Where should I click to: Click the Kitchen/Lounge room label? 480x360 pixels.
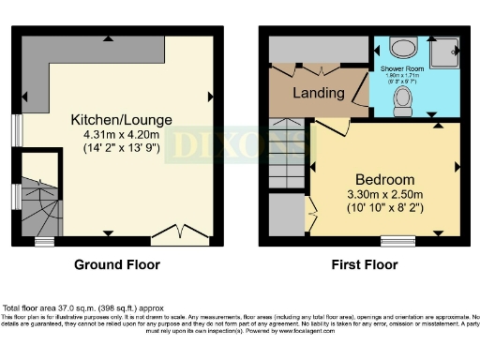117,119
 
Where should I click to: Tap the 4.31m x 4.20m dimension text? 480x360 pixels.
117,134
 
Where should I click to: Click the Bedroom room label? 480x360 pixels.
384,180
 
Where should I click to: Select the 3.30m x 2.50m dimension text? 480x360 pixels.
384,195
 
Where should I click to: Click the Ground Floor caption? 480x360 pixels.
117,265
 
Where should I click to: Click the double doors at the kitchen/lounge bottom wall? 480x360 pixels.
180,231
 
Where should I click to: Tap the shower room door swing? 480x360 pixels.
359,95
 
